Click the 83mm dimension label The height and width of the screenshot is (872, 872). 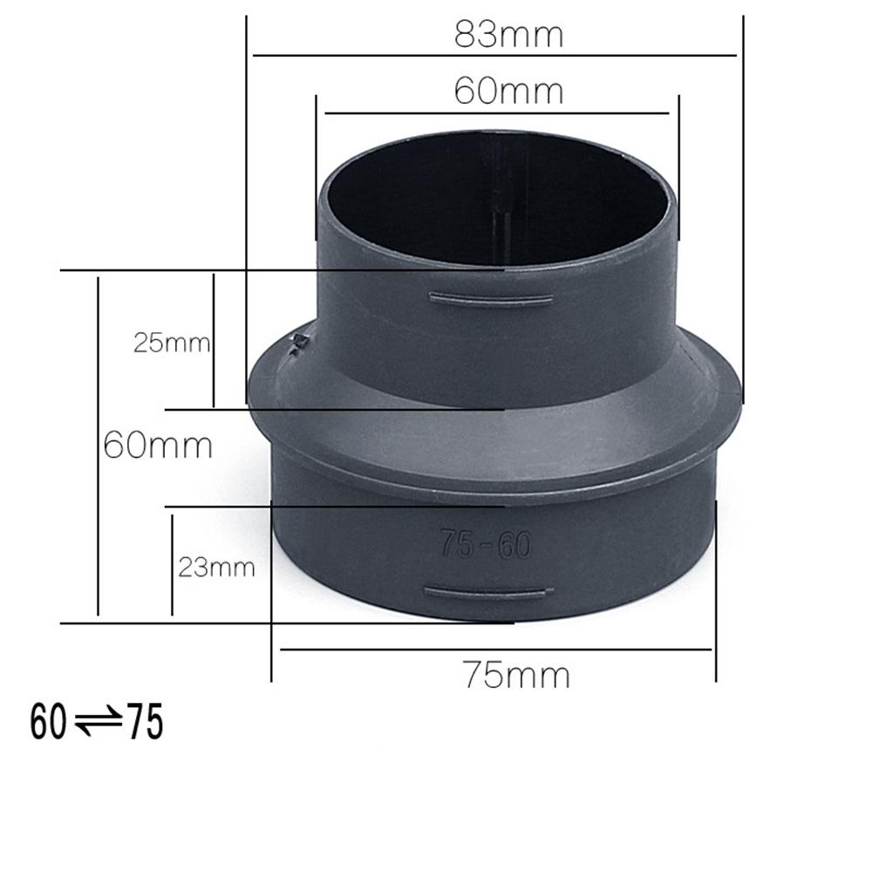click(509, 35)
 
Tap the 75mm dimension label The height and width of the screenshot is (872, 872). click(516, 675)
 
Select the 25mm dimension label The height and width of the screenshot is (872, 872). click(172, 343)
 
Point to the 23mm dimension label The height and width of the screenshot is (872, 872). click(216, 568)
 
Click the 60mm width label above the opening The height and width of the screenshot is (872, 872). click(509, 91)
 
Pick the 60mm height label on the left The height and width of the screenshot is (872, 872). click(158, 446)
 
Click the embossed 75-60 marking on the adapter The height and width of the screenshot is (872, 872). click(486, 544)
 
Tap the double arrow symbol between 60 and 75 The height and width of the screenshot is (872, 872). click(98, 721)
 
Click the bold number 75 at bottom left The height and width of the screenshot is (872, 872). click(146, 722)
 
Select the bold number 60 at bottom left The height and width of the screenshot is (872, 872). click(48, 722)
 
